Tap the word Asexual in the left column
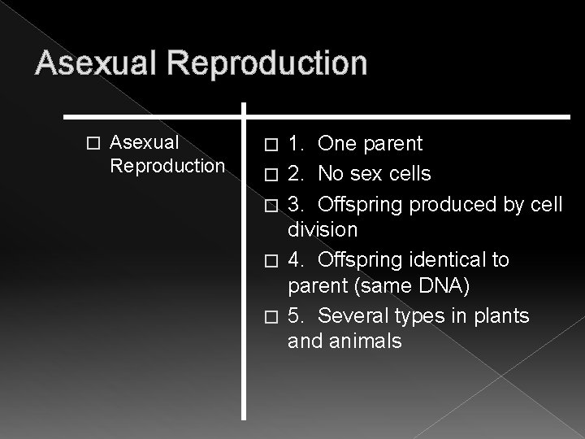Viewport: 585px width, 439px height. coord(144,144)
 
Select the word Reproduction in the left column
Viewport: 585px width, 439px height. coord(167,166)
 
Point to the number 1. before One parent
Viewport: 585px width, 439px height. coord(297,144)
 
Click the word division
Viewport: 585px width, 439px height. coord(323,231)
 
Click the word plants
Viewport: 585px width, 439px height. coord(501,315)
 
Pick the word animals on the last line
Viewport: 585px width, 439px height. coord(363,341)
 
